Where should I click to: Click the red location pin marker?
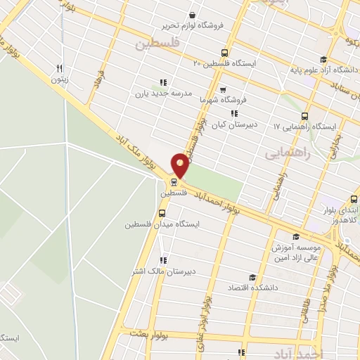[180, 164]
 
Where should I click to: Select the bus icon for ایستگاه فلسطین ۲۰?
[224, 53]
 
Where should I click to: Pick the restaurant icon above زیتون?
[60, 69]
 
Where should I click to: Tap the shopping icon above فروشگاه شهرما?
[223, 90]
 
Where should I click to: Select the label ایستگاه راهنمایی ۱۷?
[305, 127]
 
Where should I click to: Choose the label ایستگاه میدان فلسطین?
[162, 224]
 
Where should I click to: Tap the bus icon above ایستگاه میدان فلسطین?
[162, 212]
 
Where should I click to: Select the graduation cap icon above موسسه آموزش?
[295, 237]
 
